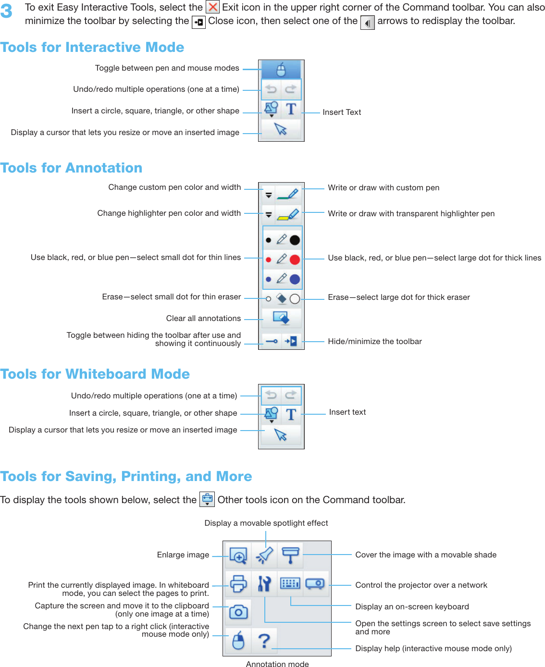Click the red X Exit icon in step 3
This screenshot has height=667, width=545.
(x=213, y=7)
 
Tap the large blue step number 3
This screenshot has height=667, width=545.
(x=7, y=11)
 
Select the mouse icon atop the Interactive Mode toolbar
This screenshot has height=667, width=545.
(x=281, y=70)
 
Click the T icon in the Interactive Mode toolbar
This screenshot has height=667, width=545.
(x=291, y=110)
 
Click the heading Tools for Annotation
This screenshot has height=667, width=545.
(x=72, y=168)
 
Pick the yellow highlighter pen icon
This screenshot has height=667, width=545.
(x=288, y=214)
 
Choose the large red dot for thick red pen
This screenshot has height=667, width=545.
(x=295, y=260)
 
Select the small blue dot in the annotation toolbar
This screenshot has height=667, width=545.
(x=268, y=279)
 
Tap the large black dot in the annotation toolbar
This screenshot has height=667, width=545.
(x=295, y=240)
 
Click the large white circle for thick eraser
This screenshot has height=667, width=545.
(x=295, y=299)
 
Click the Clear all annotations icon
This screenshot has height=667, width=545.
(x=281, y=318)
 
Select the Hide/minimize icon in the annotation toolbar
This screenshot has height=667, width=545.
(x=291, y=341)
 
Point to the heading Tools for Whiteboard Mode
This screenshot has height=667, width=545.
(x=95, y=374)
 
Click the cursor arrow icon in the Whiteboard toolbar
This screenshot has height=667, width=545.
(x=281, y=435)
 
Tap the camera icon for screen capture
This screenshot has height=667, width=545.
(x=238, y=612)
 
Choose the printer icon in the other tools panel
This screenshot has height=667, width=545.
(x=238, y=583)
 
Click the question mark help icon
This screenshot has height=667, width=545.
(x=264, y=641)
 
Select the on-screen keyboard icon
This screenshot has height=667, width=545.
(x=290, y=583)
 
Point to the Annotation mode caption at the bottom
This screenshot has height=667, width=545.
(x=277, y=664)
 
